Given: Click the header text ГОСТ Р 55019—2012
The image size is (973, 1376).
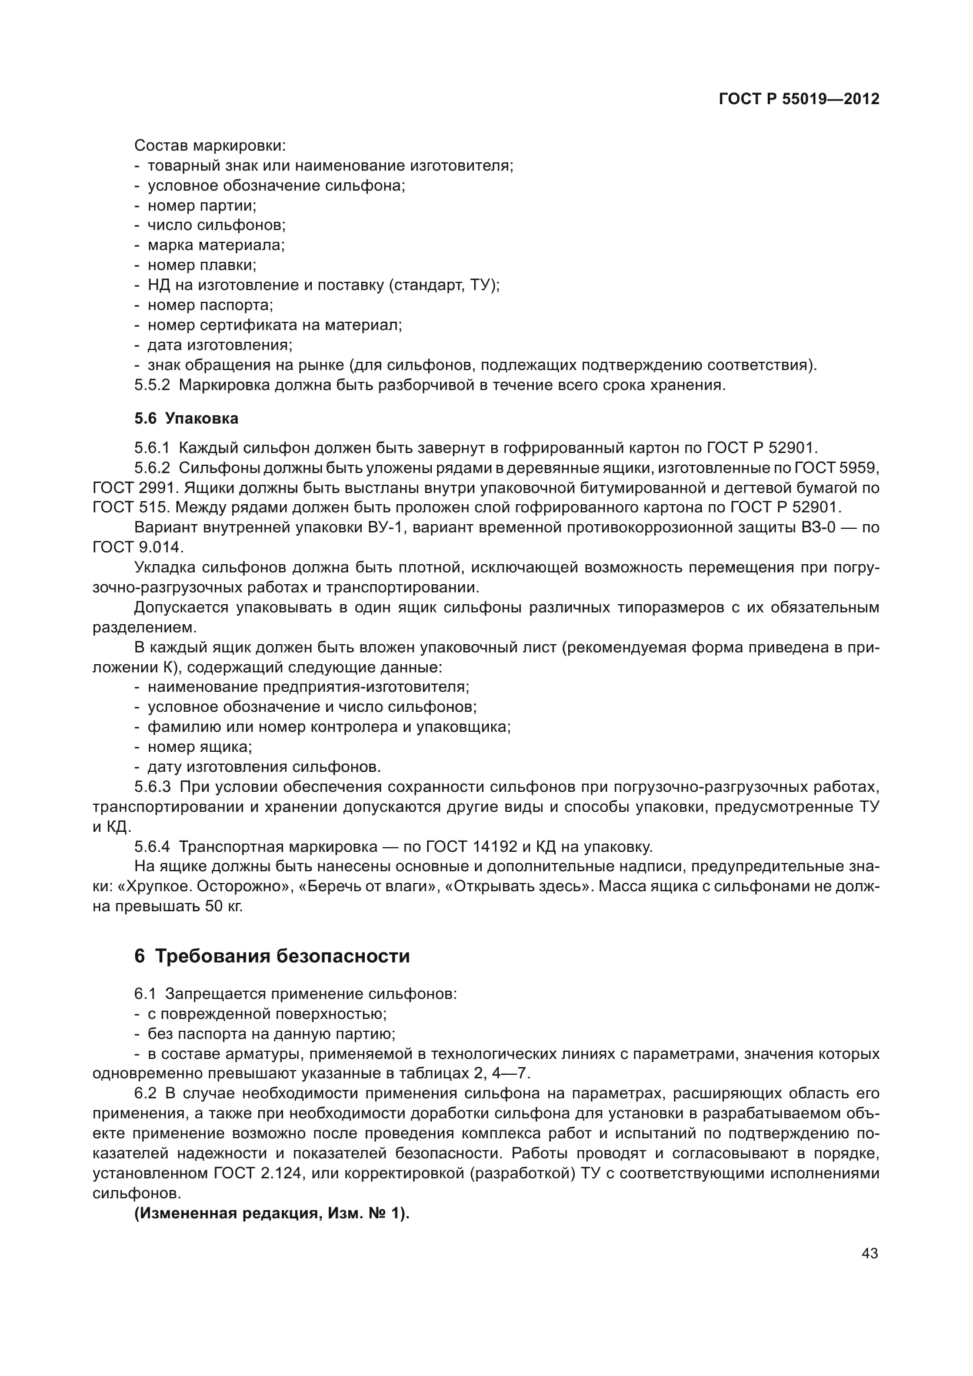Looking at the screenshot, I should click(x=799, y=99).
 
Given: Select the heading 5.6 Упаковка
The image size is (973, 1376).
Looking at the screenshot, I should click(x=186, y=418).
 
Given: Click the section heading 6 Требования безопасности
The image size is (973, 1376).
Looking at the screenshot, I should click(x=272, y=956).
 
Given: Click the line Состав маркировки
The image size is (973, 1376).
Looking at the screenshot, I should click(x=209, y=146).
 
